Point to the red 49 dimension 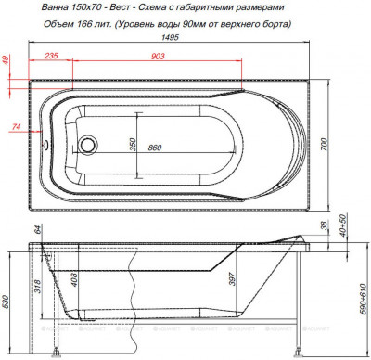pos(6,61)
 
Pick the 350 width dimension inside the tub pos(133,147)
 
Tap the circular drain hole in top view pos(88,147)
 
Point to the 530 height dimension pos(7,302)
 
